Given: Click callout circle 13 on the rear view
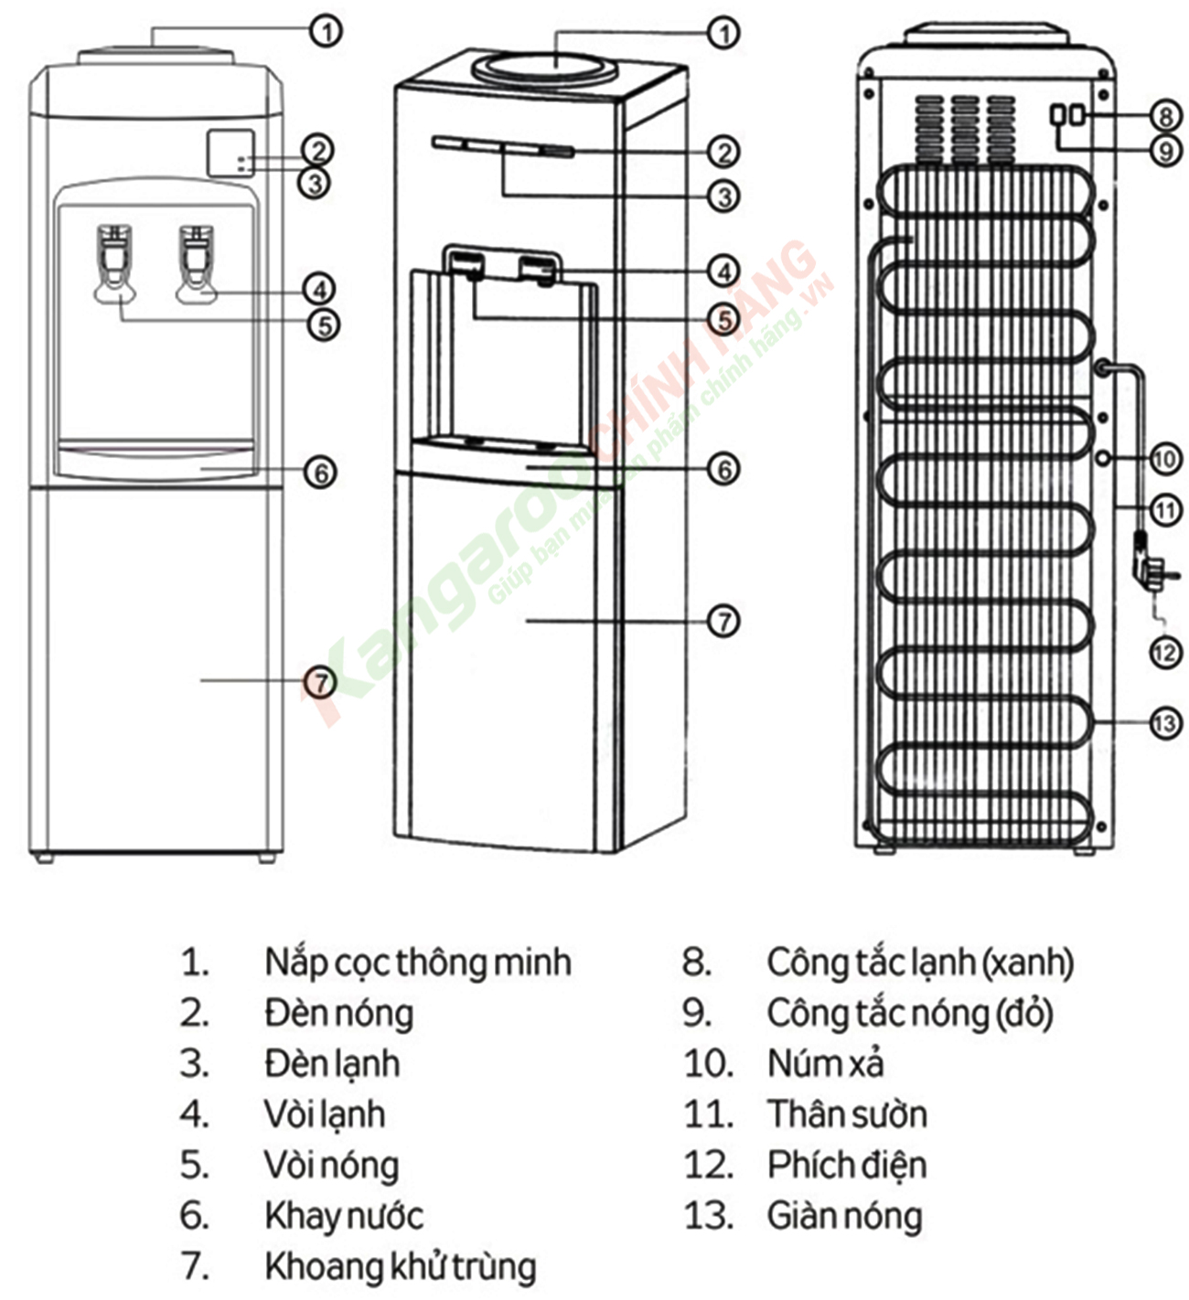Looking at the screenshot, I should [1164, 723].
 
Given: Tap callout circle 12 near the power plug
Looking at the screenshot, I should [1164, 652].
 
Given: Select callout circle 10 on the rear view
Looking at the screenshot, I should [1164, 458].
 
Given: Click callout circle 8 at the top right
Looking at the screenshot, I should [1164, 116].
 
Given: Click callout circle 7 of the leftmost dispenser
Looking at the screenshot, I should [320, 681].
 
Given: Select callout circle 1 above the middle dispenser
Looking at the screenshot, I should [723, 33].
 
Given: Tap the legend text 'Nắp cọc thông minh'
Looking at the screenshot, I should [417, 963].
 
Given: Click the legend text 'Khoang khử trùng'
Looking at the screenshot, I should [400, 1267].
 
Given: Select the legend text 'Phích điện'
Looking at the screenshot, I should [846, 1166].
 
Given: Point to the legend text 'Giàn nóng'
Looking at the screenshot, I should [843, 1216].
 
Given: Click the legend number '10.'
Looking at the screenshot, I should [708, 1064].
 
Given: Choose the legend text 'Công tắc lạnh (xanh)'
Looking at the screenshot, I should [919, 963].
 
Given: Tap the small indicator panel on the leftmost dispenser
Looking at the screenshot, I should [230, 153].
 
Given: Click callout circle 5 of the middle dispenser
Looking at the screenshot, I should [723, 319].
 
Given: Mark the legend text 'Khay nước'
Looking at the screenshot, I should [343, 1216].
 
